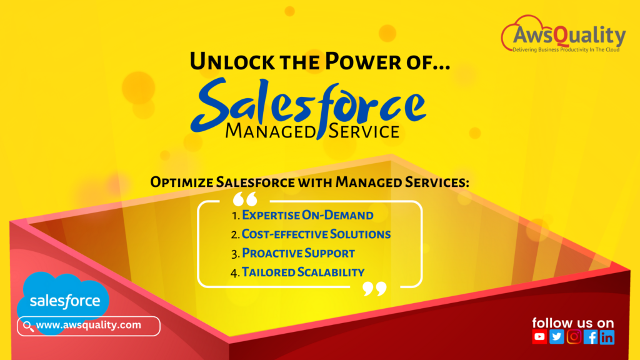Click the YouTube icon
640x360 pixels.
[539, 337]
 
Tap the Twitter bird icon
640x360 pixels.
[556, 337]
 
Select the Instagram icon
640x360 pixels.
[573, 337]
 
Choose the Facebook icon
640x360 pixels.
[590, 337]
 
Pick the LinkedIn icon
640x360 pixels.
[607, 337]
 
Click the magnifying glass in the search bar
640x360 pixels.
[28, 326]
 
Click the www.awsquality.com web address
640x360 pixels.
[88, 325]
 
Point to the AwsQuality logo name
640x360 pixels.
[569, 36]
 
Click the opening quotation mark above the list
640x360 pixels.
[245, 200]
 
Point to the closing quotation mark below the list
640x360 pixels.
[374, 288]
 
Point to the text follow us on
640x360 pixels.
[572, 322]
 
